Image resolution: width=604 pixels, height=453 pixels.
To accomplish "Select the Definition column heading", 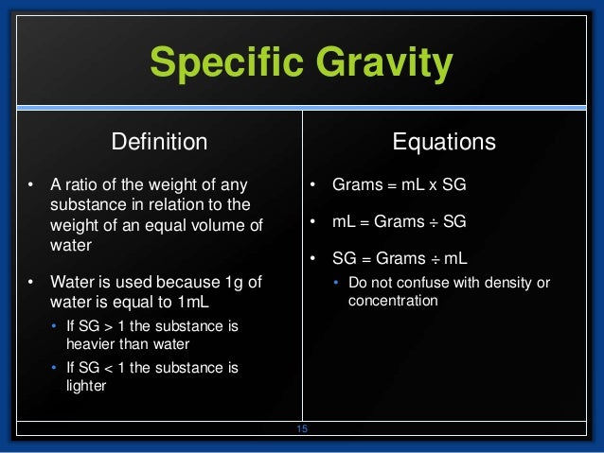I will pos(159,142).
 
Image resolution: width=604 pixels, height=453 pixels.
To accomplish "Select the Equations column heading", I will pos(444,142).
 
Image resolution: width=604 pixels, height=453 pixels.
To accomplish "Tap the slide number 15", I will pos(303,429).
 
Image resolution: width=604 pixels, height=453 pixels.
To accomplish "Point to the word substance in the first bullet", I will pos(85,203).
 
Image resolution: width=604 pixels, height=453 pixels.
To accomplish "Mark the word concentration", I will pos(393,301).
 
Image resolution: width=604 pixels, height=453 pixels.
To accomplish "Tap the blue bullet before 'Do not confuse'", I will pos(337,283).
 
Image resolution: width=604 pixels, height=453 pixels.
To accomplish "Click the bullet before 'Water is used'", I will pos(31,283).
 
